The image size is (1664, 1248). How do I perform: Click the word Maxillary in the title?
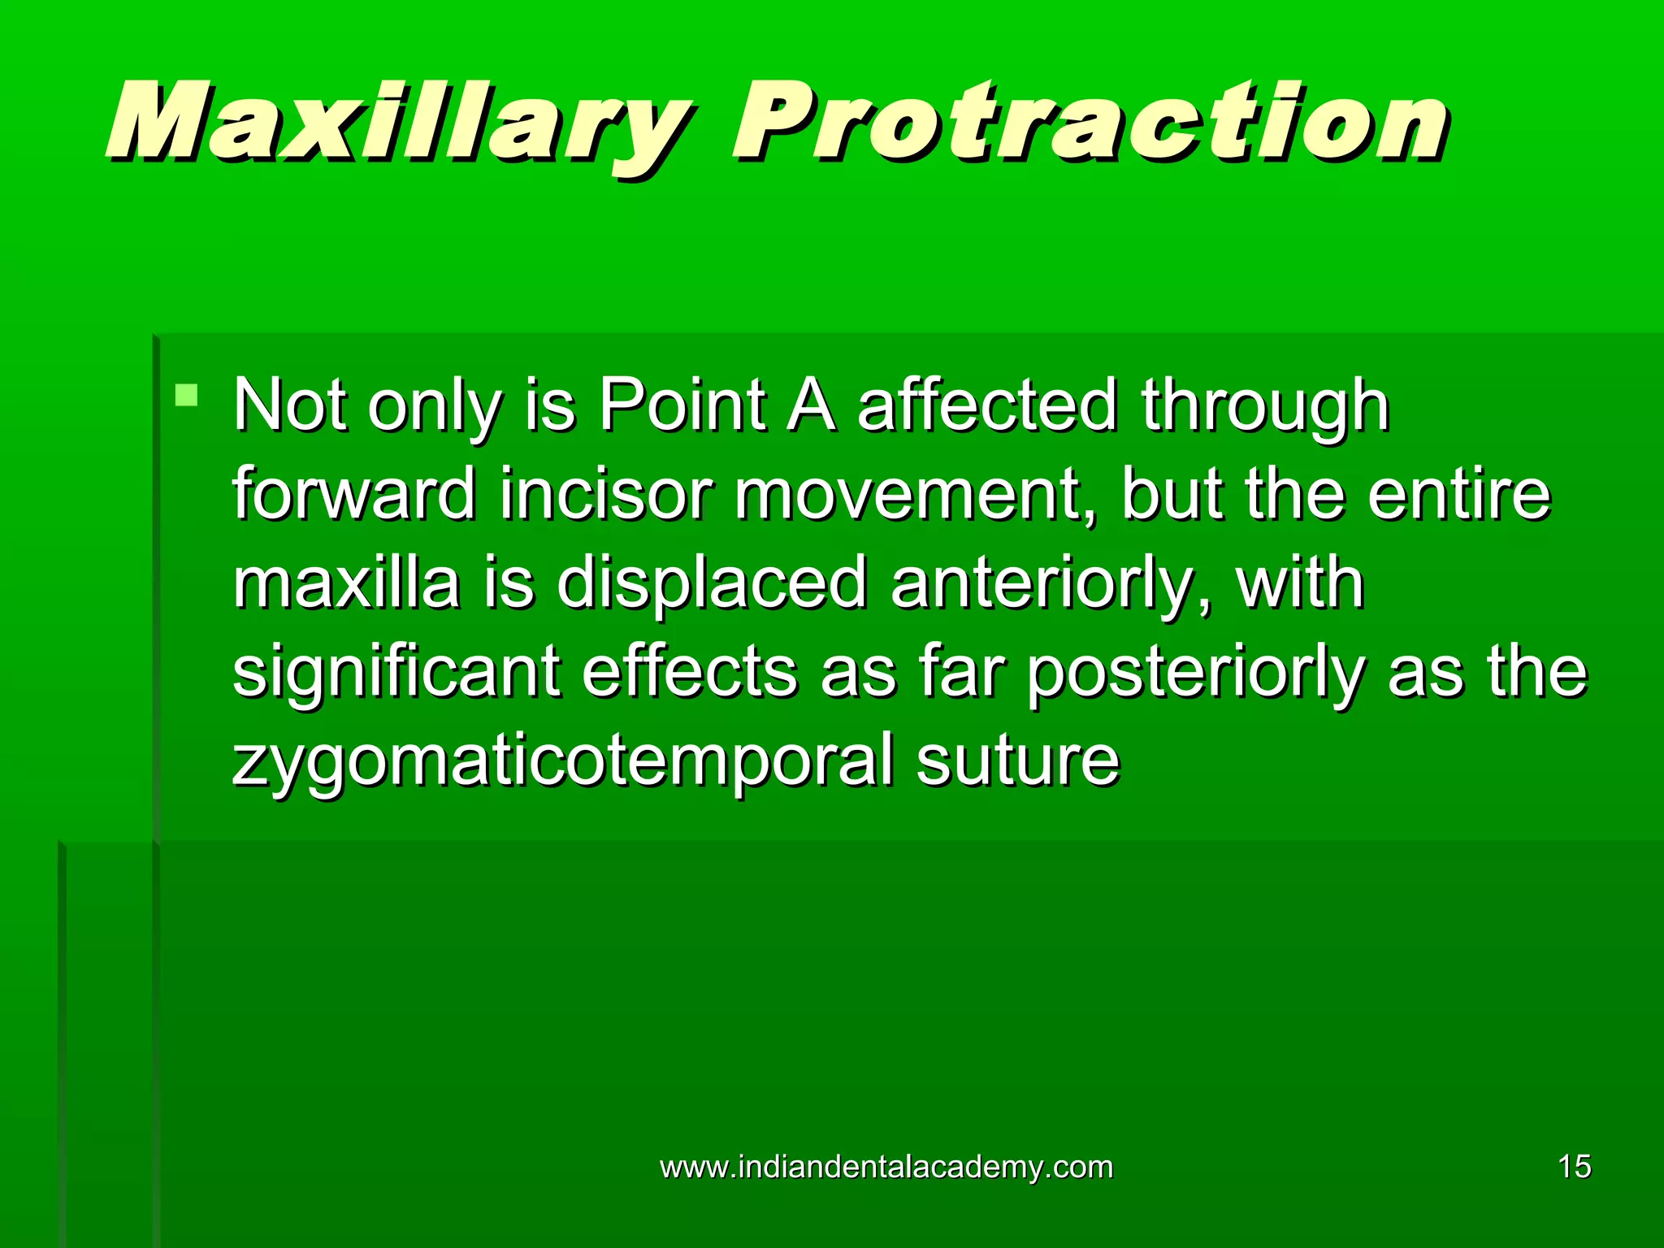pyautogui.click(x=398, y=122)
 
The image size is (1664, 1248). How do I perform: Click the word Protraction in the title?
pyautogui.click(x=1089, y=122)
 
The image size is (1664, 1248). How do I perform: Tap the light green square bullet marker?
pyautogui.click(x=187, y=396)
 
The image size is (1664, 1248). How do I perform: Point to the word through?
pyautogui.click(x=1265, y=406)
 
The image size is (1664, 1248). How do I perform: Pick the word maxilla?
pyautogui.click(x=346, y=583)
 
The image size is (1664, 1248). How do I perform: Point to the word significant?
pyautogui.click(x=396, y=673)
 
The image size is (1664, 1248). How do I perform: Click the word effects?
pyautogui.click(x=690, y=673)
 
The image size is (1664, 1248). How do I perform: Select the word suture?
pyautogui.click(x=1018, y=760)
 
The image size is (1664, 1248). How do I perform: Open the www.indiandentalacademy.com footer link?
pyautogui.click(x=886, y=1167)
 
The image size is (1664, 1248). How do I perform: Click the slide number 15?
pyautogui.click(x=1574, y=1167)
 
